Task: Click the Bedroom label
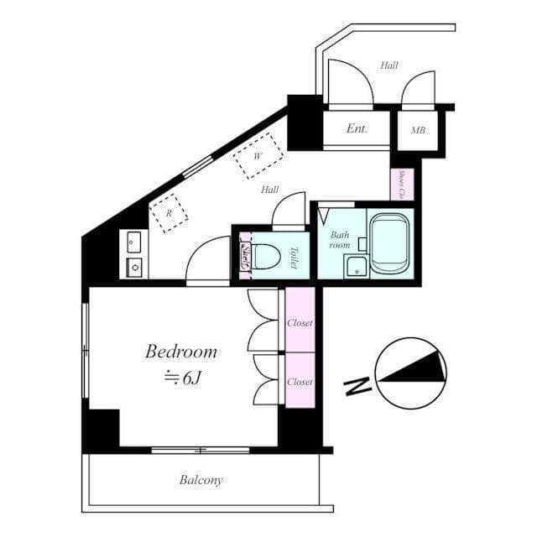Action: [x=181, y=352]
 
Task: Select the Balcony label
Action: [x=201, y=481]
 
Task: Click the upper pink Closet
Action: [x=300, y=321]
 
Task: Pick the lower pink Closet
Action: [x=300, y=381]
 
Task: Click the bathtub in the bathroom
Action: [x=389, y=244]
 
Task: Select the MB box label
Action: [x=417, y=131]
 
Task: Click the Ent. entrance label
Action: [x=357, y=130]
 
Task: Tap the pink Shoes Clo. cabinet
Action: [x=402, y=185]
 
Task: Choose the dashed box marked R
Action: [x=169, y=213]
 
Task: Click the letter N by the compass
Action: [x=358, y=387]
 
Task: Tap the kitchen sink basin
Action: [x=134, y=267]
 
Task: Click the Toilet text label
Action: [x=295, y=255]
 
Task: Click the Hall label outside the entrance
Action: [x=388, y=65]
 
